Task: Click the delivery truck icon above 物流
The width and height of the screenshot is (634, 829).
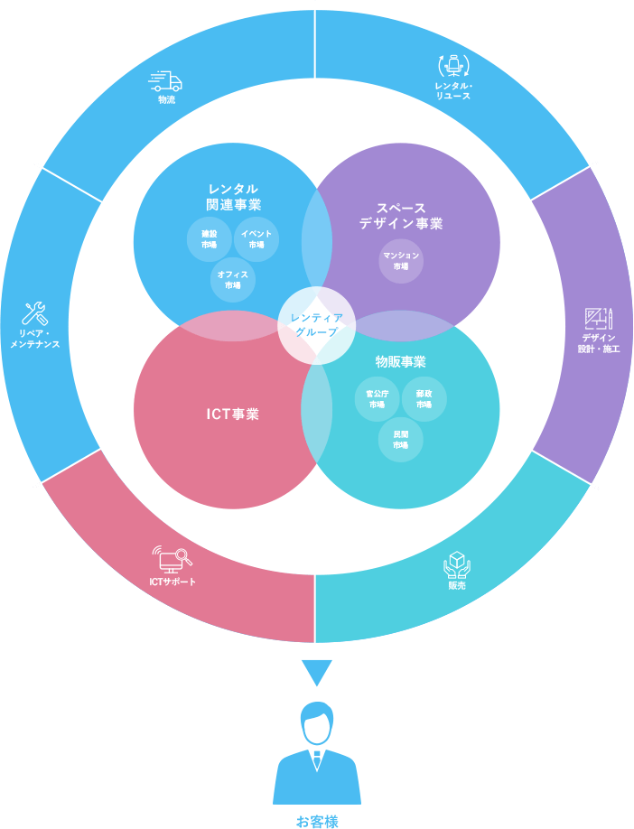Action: [165, 80]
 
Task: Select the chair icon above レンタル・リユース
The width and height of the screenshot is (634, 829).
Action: [452, 66]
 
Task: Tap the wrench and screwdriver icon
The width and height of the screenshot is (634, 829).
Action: [34, 313]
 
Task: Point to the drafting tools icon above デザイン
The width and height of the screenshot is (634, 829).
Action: [599, 318]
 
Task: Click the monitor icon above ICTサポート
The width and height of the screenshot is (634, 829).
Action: [172, 559]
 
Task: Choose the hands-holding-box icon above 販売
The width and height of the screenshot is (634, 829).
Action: [457, 564]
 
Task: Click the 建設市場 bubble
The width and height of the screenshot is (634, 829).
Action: [210, 238]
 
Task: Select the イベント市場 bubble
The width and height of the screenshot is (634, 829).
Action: [256, 238]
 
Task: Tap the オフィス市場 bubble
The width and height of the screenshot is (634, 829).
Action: [233, 279]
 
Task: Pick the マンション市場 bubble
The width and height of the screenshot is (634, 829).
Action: [401, 261]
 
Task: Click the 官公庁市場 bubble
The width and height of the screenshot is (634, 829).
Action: [377, 399]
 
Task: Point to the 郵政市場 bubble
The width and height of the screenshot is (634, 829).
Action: [424, 399]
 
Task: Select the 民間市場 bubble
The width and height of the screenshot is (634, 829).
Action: [401, 439]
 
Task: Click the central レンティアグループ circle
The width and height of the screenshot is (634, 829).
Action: [316, 324]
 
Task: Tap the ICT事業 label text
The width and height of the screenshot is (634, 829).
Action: [232, 414]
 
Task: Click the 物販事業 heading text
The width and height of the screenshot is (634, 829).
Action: [400, 361]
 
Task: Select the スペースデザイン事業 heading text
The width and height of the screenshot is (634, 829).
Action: [401, 216]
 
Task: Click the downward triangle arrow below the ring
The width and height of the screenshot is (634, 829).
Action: [316, 673]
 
